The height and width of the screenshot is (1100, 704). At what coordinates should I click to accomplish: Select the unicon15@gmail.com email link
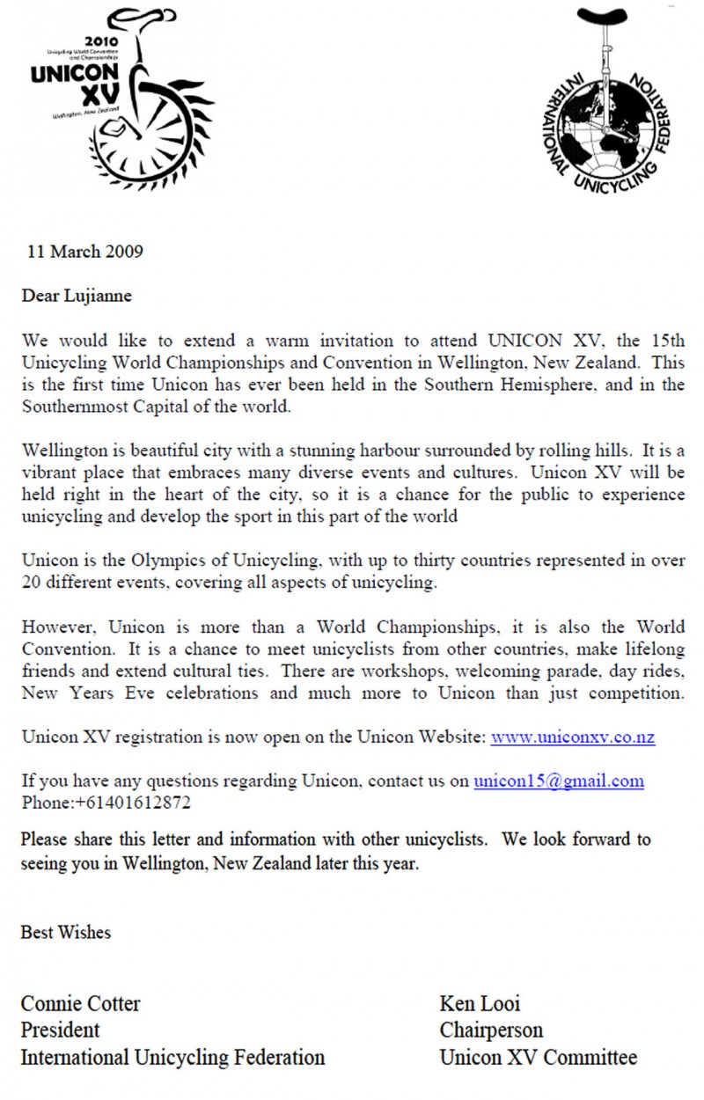click(x=559, y=781)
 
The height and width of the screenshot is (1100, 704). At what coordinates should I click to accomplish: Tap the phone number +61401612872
click(x=128, y=803)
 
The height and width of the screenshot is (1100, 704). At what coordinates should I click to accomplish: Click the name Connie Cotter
click(x=81, y=1003)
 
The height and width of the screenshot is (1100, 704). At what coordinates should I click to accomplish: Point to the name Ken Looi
click(x=480, y=1003)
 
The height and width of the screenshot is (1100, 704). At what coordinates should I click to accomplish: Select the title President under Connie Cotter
click(x=61, y=1030)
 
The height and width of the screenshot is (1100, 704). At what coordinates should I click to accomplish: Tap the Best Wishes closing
click(x=66, y=932)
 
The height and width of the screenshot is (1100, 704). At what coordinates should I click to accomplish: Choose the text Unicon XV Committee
click(x=539, y=1057)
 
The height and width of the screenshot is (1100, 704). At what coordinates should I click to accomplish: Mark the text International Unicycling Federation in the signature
click(x=173, y=1057)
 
